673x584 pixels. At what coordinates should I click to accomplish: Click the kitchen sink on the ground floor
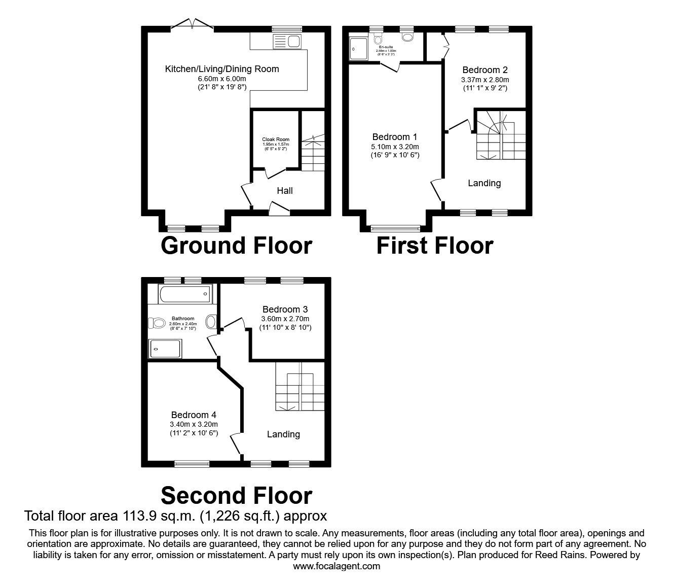pyautogui.click(x=287, y=41)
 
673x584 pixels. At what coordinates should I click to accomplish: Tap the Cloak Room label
pyautogui.click(x=276, y=140)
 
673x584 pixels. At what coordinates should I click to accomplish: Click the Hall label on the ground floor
pyautogui.click(x=285, y=191)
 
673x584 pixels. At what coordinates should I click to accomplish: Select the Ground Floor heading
pyautogui.click(x=236, y=246)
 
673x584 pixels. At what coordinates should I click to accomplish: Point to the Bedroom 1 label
pyautogui.click(x=395, y=137)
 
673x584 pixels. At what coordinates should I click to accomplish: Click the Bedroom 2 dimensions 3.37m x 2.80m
pyautogui.click(x=485, y=80)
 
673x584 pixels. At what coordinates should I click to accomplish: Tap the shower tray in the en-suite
pyautogui.click(x=359, y=49)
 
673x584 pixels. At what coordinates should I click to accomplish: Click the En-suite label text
pyautogui.click(x=386, y=47)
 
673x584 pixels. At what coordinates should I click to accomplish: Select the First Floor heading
pyautogui.click(x=435, y=246)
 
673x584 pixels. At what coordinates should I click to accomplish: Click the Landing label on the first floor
pyautogui.click(x=484, y=183)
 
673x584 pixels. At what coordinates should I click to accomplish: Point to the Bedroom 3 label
pyautogui.click(x=285, y=309)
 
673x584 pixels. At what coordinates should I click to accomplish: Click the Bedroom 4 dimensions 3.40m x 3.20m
pyautogui.click(x=194, y=424)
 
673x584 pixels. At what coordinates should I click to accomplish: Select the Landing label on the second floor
pyautogui.click(x=283, y=434)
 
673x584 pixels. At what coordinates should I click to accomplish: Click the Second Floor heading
pyautogui.click(x=236, y=495)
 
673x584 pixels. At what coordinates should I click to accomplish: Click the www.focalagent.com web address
pyautogui.click(x=336, y=566)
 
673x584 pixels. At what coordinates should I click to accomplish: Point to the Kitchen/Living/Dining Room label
pyautogui.click(x=222, y=69)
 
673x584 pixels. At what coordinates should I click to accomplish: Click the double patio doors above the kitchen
pyautogui.click(x=192, y=24)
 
